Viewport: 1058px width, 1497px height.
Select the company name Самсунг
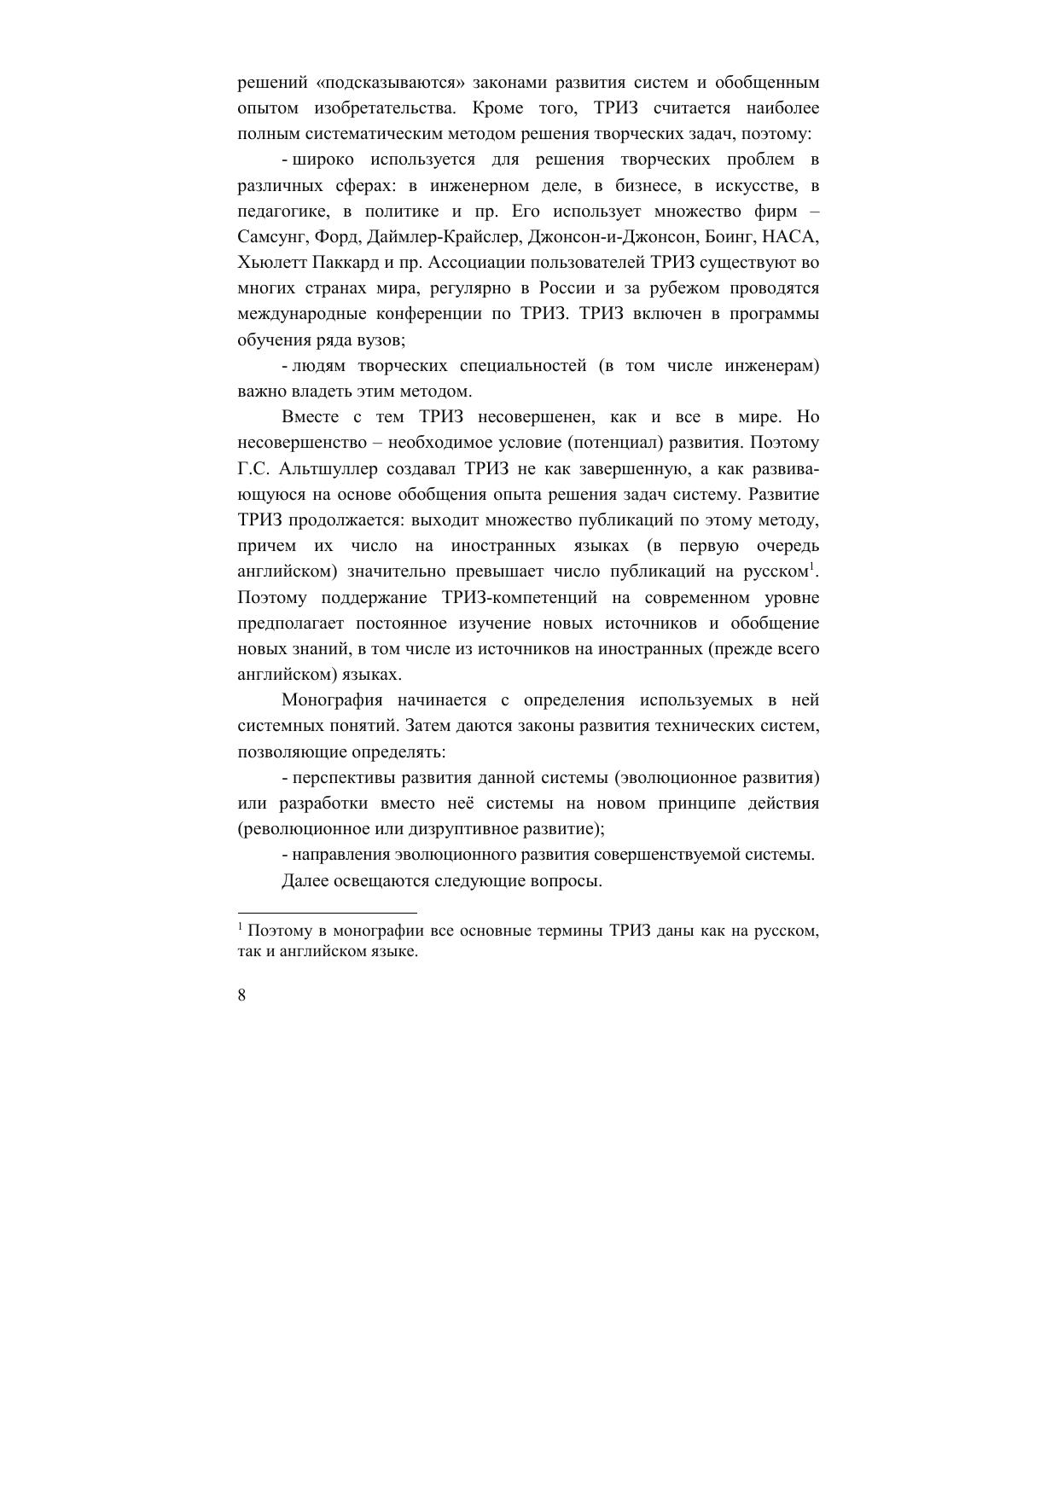(x=271, y=236)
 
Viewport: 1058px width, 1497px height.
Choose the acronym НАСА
(x=793, y=236)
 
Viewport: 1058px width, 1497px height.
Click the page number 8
(x=242, y=995)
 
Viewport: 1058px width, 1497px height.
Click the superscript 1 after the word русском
(x=811, y=566)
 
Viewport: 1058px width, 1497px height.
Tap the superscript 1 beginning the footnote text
(x=241, y=926)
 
